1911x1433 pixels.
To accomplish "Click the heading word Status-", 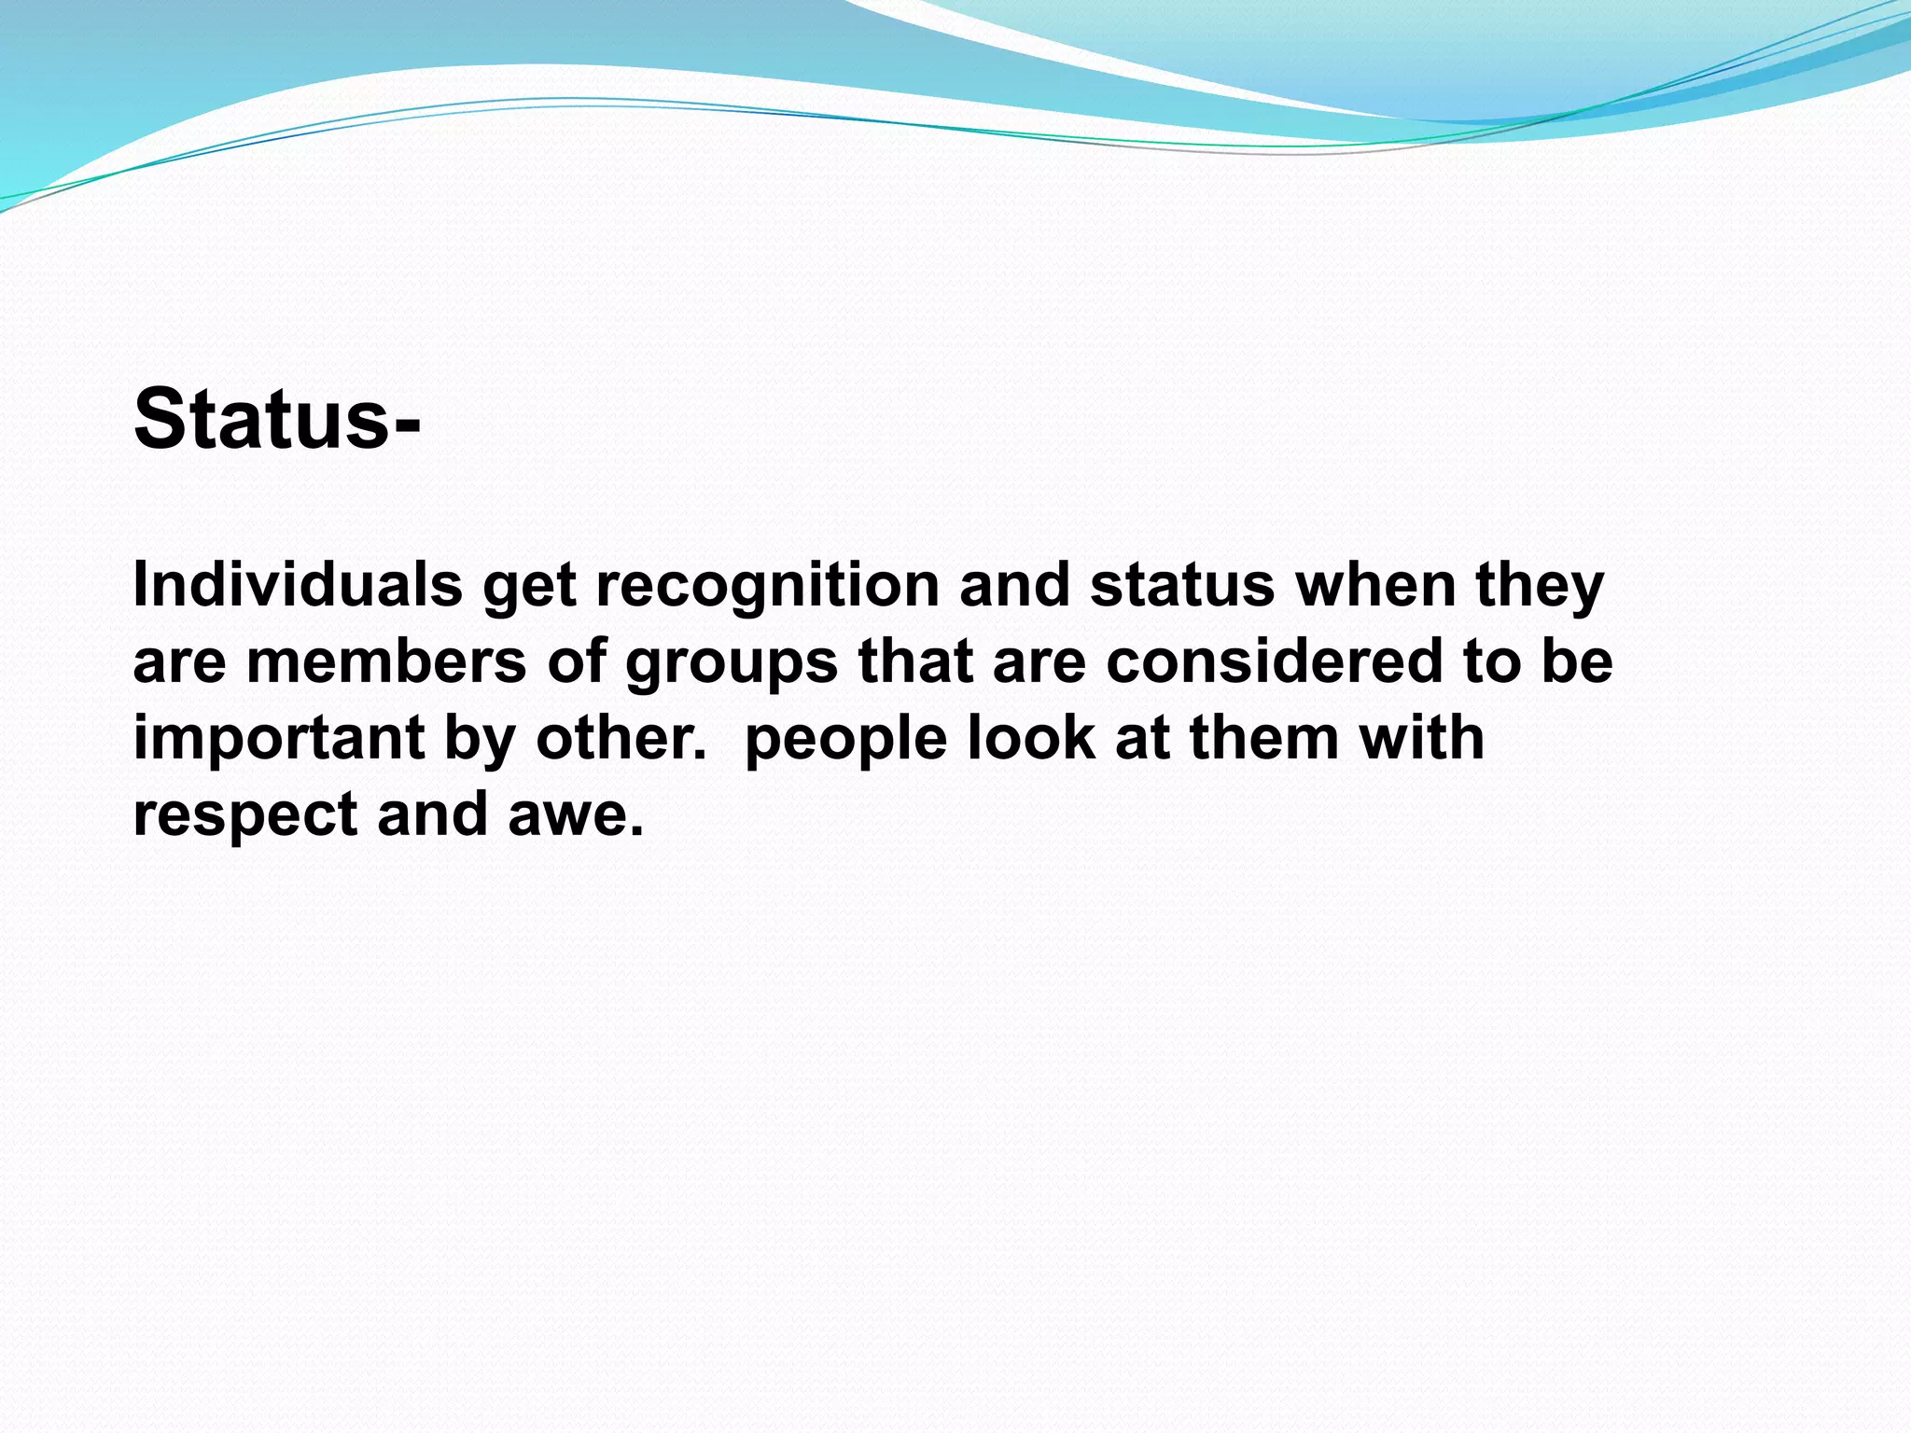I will pos(277,419).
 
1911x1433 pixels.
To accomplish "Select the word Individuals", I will pos(298,585).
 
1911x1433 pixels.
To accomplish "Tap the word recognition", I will pos(768,585).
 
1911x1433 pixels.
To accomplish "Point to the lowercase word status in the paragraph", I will pos(1181,585).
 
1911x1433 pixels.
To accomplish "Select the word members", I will pos(386,661).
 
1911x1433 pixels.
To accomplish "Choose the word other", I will pos(620,738).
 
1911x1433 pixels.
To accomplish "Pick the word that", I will pos(915,661).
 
